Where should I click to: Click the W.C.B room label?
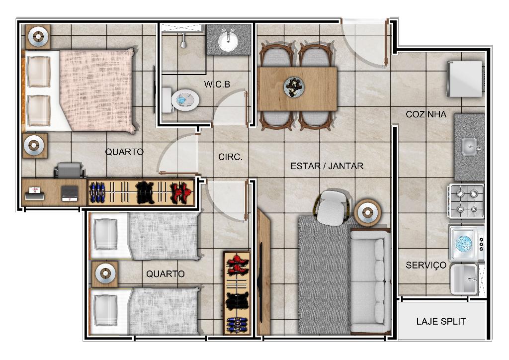(217, 85)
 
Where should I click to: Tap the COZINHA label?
(426, 114)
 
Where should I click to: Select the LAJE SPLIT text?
(441, 321)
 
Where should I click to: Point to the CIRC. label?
(230, 157)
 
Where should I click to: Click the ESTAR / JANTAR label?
(327, 166)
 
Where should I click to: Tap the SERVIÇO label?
(426, 265)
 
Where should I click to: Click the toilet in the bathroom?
(180, 100)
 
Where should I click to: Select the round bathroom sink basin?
(228, 42)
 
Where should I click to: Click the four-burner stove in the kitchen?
(466, 200)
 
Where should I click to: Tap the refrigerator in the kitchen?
(465, 79)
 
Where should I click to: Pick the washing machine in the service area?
(466, 244)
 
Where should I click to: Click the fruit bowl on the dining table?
(294, 87)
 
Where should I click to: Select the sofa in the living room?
(370, 281)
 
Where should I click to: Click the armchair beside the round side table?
(332, 207)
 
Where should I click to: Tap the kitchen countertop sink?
(470, 147)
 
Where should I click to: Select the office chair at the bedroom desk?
(69, 170)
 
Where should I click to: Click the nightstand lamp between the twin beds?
(105, 273)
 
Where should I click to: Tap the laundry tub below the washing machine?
(464, 279)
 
